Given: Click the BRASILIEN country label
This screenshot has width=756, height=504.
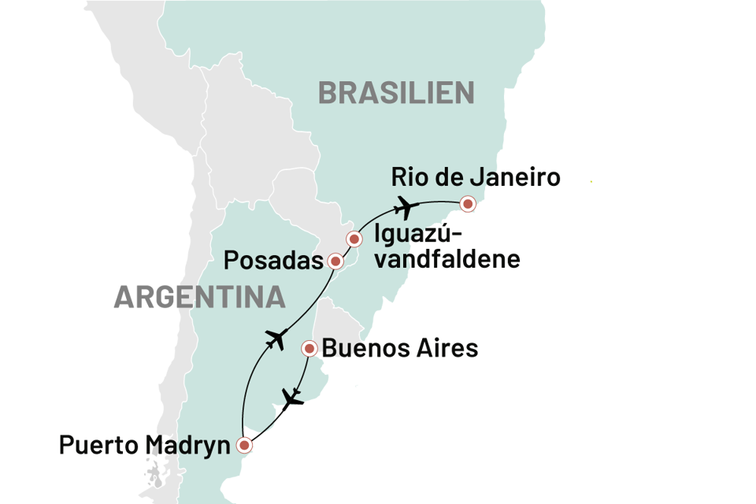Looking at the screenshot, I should [x=396, y=93].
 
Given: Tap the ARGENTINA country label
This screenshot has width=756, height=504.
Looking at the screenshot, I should [x=198, y=297].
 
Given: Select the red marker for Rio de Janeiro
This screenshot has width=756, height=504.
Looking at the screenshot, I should [x=469, y=204].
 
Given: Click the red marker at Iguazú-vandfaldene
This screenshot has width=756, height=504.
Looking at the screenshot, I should [x=354, y=238].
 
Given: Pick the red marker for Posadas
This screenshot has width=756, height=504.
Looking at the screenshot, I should [x=335, y=261].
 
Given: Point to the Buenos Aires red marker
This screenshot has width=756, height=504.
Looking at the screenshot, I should [x=310, y=347].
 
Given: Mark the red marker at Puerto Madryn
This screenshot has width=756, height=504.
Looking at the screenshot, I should [x=245, y=445].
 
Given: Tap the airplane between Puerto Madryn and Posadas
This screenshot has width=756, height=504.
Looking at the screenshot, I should [x=275, y=339].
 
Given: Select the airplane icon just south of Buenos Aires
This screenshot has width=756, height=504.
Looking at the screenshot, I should [x=293, y=398].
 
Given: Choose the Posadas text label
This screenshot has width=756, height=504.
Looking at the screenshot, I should [x=274, y=261].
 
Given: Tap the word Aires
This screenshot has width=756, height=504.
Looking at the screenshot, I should [x=448, y=348].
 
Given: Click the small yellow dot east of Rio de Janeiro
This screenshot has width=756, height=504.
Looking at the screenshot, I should [x=591, y=182].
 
